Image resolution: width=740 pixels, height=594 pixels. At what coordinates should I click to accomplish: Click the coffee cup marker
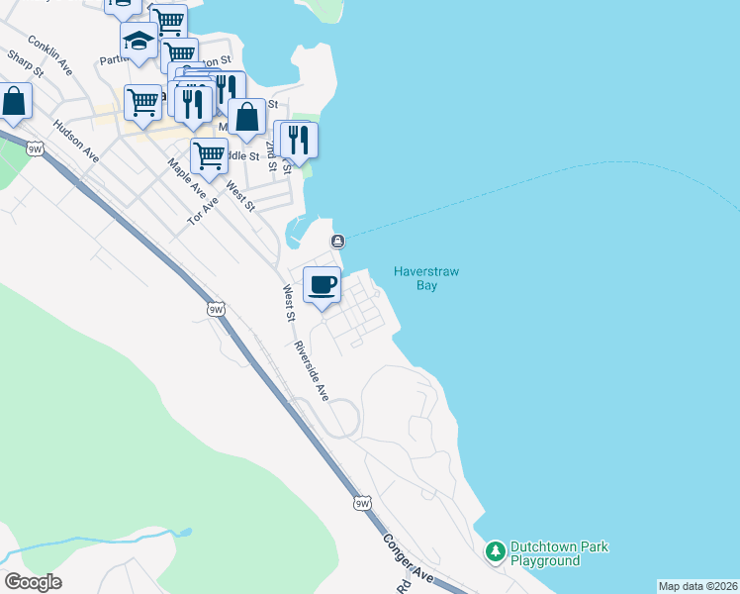point(322,286)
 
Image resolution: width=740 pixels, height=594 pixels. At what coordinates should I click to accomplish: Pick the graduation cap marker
point(139,43)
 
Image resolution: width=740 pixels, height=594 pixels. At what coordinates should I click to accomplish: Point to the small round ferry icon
point(338,241)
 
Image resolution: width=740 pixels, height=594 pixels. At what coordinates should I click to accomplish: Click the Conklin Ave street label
point(51,55)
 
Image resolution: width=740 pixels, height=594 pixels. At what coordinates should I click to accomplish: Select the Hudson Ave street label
point(77,142)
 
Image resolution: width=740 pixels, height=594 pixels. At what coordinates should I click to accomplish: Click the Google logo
point(33,582)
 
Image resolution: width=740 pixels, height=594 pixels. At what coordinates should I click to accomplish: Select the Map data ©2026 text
point(697,586)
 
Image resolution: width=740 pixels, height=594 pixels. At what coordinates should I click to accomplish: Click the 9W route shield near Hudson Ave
point(36,149)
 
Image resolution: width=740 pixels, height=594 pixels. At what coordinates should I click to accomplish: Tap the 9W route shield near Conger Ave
point(362,503)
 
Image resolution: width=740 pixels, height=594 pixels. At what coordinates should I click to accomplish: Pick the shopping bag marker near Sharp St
point(14,100)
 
